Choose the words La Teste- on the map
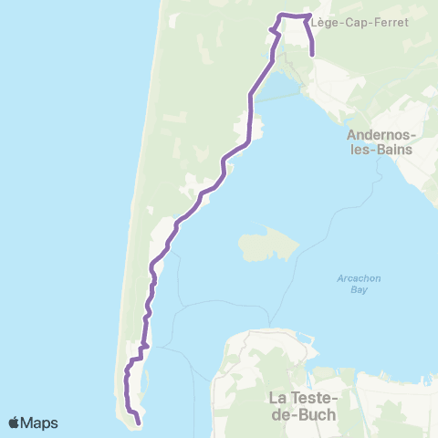coord(302,398)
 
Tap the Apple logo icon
coord(16,422)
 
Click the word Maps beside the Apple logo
coord(40,422)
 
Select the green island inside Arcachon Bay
coord(268,245)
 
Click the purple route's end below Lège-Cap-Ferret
coord(313,56)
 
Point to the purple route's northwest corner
coord(280,15)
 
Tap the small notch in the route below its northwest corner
coord(271,31)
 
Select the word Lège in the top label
coord(323,23)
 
